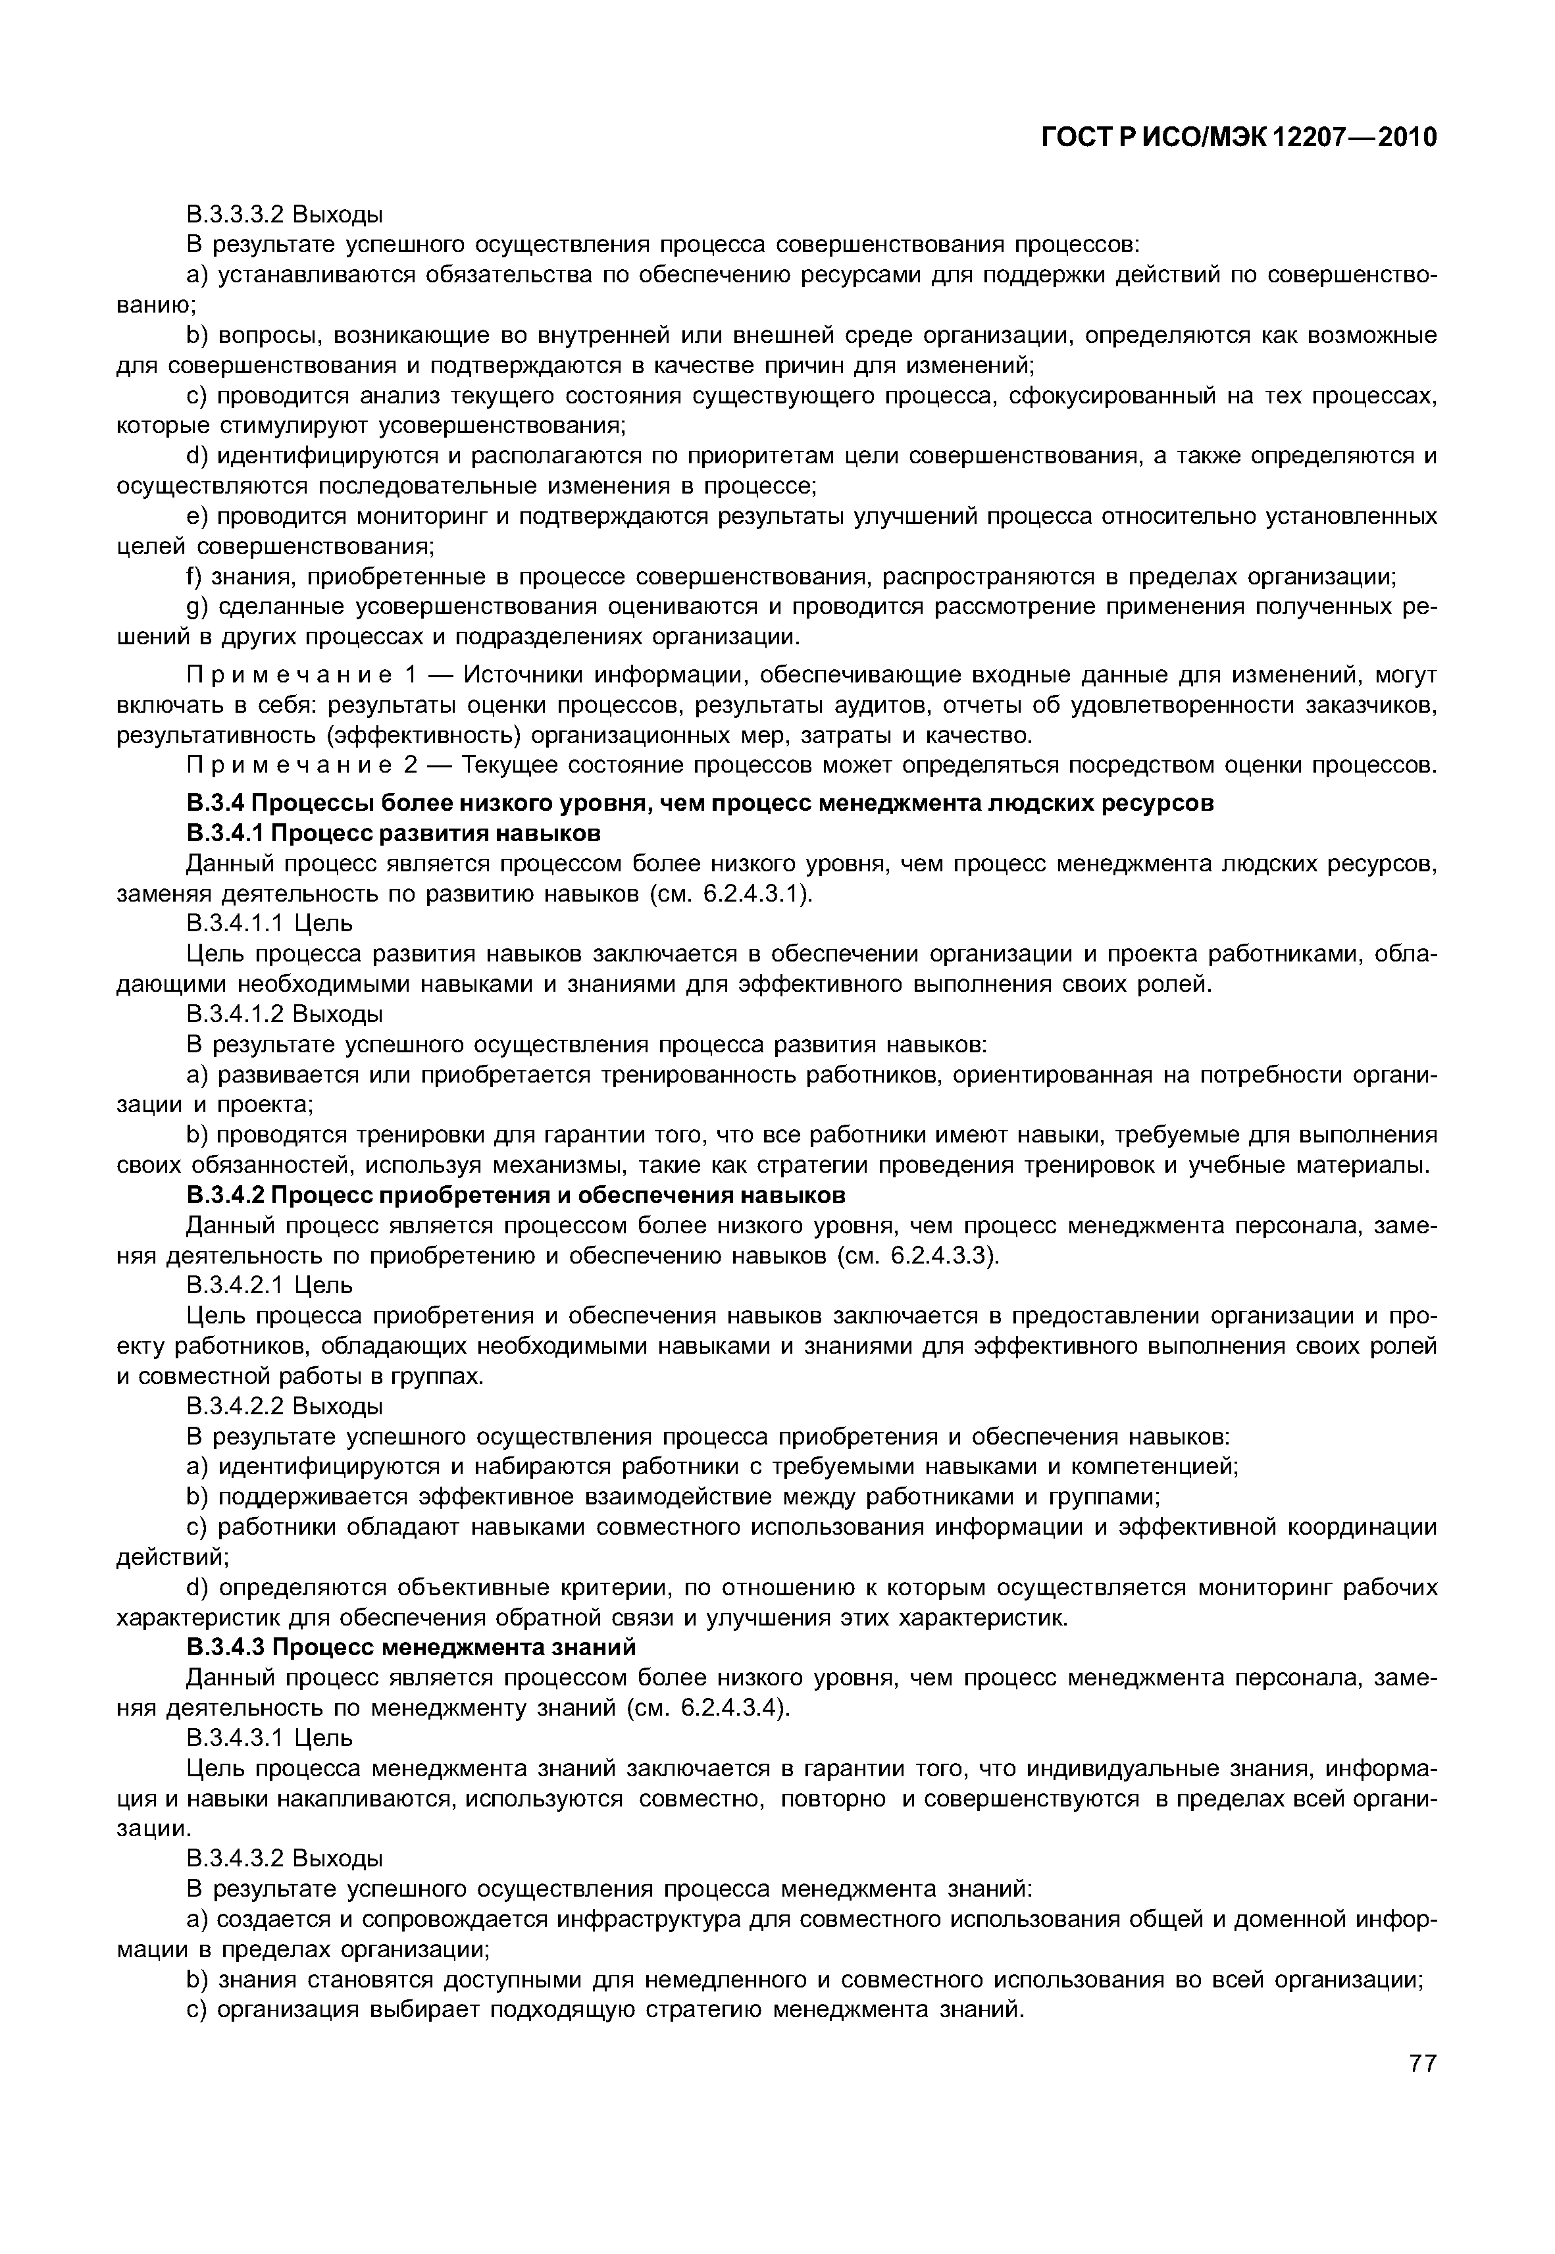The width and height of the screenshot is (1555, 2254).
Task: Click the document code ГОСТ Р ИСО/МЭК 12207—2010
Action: [1239, 138]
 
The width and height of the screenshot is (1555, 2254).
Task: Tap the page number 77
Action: [1423, 2091]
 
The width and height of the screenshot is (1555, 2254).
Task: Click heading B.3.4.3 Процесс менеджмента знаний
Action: [411, 1647]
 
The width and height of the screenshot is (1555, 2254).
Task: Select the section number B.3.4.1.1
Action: [235, 923]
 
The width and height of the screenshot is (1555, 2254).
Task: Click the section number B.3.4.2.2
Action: [235, 1406]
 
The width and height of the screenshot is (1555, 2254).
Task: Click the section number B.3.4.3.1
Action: [235, 1738]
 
